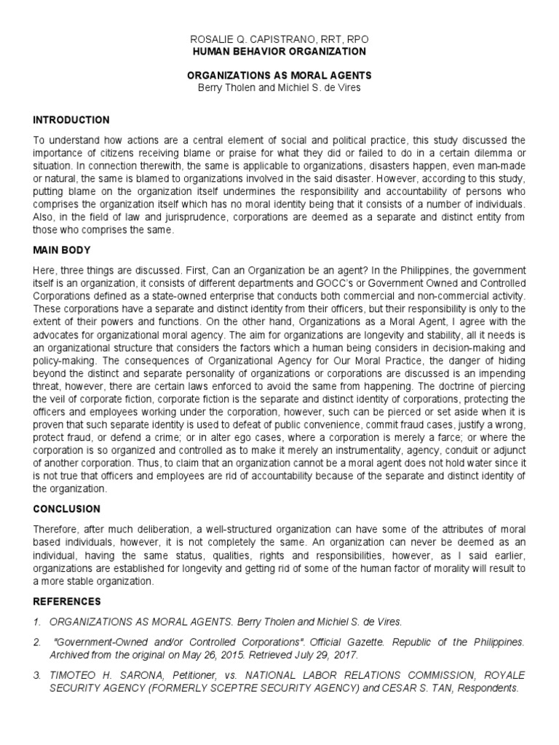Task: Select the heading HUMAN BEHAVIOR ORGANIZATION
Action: tap(279, 52)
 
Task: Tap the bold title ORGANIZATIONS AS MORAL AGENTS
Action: tap(279, 75)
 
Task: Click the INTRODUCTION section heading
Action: tap(71, 120)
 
